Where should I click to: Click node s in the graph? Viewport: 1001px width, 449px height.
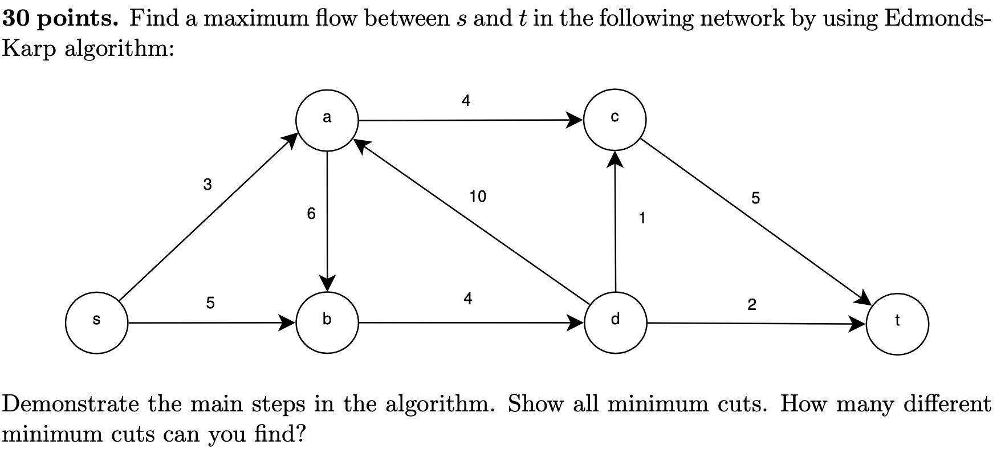click(96, 323)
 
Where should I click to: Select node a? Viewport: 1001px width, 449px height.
click(327, 120)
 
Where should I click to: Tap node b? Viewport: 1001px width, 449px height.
click(327, 323)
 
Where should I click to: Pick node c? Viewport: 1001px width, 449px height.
click(615, 120)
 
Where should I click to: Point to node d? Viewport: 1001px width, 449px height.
click(615, 323)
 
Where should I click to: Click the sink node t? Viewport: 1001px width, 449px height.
click(897, 324)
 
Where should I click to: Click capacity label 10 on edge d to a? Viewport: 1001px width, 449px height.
click(478, 197)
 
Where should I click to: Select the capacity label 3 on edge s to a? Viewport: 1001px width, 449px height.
click(207, 185)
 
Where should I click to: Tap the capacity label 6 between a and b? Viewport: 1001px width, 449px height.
click(311, 214)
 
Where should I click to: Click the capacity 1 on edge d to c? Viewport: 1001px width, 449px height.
click(642, 218)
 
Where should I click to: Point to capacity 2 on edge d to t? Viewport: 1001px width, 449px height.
click(752, 305)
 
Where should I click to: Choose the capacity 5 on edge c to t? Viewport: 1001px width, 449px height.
click(755, 198)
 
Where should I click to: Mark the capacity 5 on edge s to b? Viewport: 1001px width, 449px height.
click(210, 303)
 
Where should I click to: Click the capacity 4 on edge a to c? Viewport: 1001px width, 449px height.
click(466, 101)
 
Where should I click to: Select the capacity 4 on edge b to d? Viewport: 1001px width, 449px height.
click(468, 298)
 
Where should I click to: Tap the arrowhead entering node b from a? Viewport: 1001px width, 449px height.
click(327, 283)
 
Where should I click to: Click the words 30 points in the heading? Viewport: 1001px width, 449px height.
click(60, 19)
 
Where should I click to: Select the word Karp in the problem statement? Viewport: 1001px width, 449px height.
click(29, 49)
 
